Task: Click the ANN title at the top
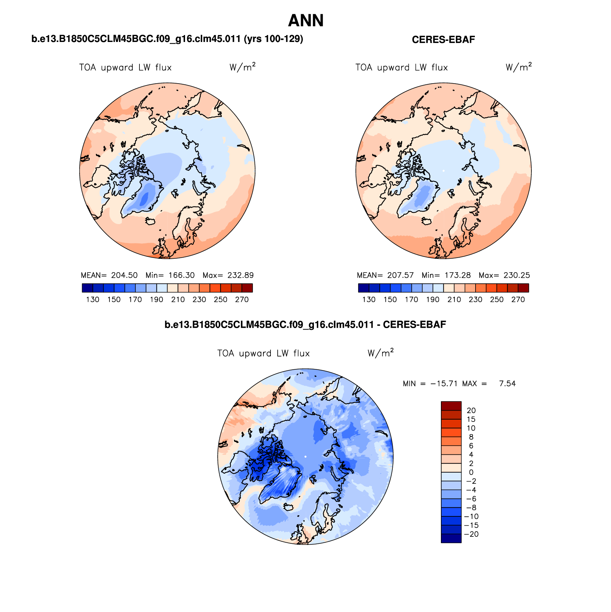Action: pyautogui.click(x=305, y=21)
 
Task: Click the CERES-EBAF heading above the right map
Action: pyautogui.click(x=443, y=40)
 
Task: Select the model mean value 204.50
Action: pyautogui.click(x=124, y=275)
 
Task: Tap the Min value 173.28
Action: pyautogui.click(x=457, y=275)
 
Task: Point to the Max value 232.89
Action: pyautogui.click(x=240, y=275)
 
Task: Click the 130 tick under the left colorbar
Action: pyautogui.click(x=93, y=300)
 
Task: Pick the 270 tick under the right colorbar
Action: pyautogui.click(x=518, y=300)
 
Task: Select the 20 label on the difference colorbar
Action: pyautogui.click(x=471, y=411)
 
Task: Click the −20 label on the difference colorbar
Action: pyautogui.click(x=471, y=534)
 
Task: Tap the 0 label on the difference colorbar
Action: pyautogui.click(x=471, y=472)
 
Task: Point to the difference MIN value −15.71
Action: pyautogui.click(x=444, y=384)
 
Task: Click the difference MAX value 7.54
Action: pyautogui.click(x=507, y=384)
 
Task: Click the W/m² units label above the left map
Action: pyautogui.click(x=242, y=67)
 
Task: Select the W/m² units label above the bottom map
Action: pyautogui.click(x=380, y=353)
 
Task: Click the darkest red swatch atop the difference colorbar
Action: pyautogui.click(x=451, y=406)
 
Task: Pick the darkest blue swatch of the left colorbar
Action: pyautogui.click(x=88, y=288)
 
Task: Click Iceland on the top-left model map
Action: pyautogui.click(x=150, y=221)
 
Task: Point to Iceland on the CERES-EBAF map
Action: pyautogui.click(x=426, y=221)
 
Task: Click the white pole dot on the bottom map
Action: pyautogui.click(x=305, y=457)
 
